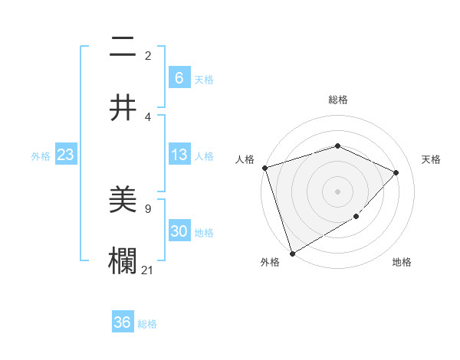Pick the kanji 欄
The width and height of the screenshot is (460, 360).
[x=123, y=261]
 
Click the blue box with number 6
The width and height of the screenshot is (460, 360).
[x=179, y=77]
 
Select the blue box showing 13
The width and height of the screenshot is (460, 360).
[x=179, y=155]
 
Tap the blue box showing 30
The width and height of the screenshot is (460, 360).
[x=179, y=232]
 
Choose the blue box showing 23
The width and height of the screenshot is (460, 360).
[x=65, y=155]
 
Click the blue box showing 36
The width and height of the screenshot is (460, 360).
[x=123, y=322]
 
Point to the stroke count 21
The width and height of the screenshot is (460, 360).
[x=148, y=269]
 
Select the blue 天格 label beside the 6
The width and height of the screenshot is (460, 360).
[x=204, y=79]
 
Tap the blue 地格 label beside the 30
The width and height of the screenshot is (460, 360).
[x=204, y=233]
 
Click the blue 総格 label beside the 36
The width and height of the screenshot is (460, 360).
[x=147, y=324]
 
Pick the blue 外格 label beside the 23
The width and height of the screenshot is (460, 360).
[x=41, y=156]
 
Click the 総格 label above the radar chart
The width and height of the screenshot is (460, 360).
[x=338, y=100]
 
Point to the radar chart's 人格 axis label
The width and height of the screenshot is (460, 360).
[x=245, y=159]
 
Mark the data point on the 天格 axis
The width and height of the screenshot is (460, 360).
[x=396, y=172]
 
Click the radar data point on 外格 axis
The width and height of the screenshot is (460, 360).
[x=291, y=254]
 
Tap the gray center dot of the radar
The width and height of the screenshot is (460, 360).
[x=338, y=191]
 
